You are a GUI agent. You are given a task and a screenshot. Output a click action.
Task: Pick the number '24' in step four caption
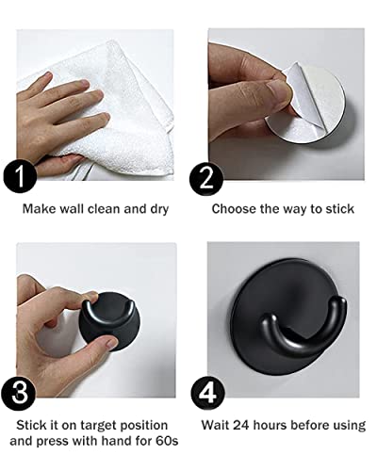(x=255, y=426)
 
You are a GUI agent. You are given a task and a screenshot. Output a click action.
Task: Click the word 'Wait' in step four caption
(x=227, y=426)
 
